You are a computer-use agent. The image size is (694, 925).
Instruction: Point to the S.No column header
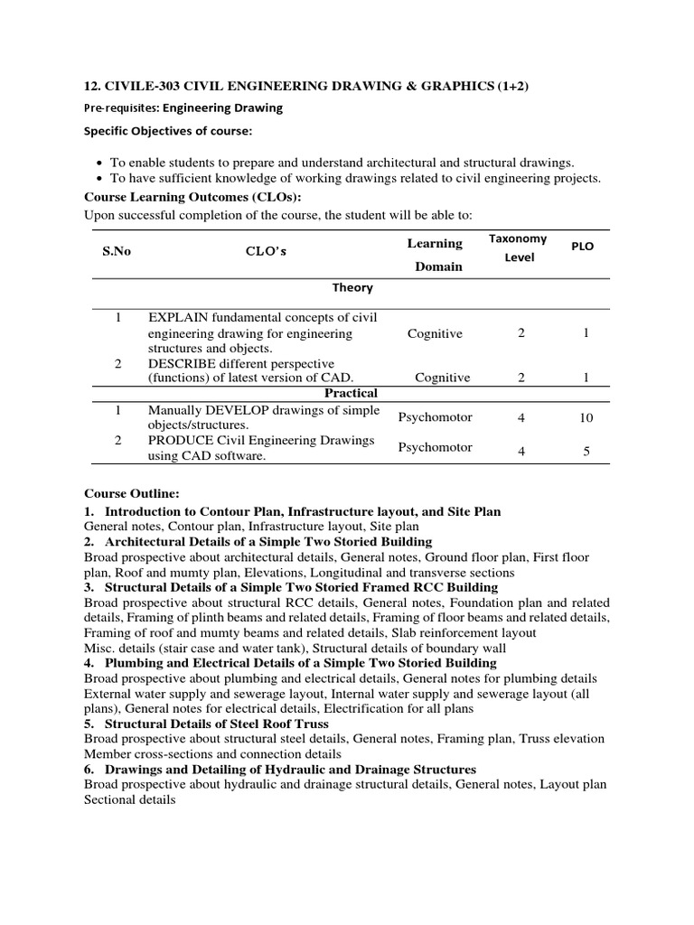(117, 252)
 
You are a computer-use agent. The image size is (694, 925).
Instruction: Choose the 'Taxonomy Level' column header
(518, 248)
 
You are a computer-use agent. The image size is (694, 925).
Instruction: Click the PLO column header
(583, 246)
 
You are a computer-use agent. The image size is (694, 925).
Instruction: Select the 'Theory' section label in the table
(352, 287)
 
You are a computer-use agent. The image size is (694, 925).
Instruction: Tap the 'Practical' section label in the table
(352, 393)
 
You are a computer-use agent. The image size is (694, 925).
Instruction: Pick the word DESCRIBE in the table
(184, 363)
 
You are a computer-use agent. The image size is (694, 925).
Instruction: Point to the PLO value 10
(586, 418)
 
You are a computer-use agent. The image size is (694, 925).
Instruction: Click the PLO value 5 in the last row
(586, 451)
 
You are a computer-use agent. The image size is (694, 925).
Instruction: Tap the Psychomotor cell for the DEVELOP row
(435, 417)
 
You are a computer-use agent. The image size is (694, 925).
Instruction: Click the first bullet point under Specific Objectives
(342, 163)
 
